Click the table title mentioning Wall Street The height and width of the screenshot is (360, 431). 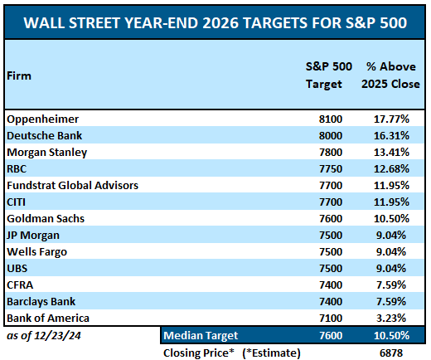coord(215,21)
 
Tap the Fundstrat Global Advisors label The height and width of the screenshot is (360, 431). coord(72,185)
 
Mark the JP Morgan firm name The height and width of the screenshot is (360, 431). coord(36,235)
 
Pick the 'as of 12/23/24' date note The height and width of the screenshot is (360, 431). coord(38,335)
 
